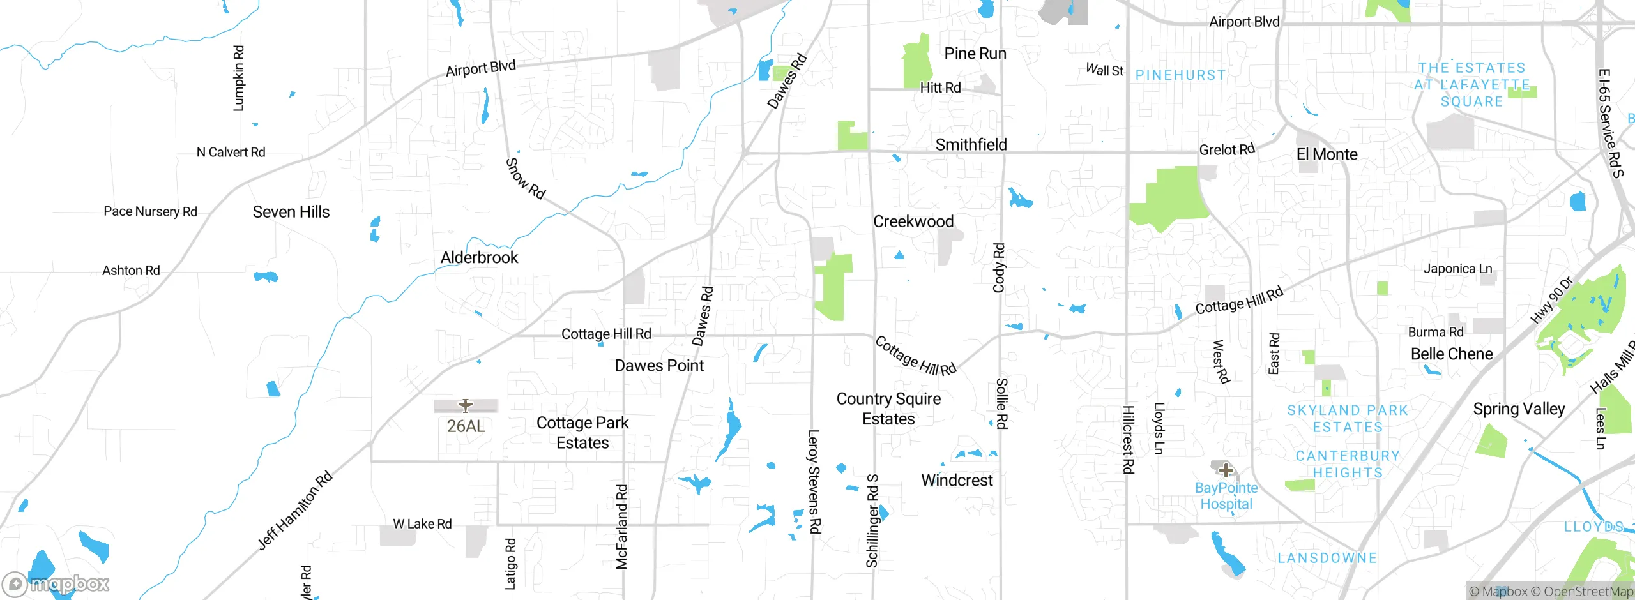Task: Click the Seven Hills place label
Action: (x=291, y=212)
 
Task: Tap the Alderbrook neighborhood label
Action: (x=479, y=257)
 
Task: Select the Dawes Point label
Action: (x=659, y=366)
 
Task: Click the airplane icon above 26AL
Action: (x=466, y=405)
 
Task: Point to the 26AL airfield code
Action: (x=466, y=426)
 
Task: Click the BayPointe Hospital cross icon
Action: (x=1226, y=471)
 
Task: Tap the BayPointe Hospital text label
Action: (x=1226, y=496)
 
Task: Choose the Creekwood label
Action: (x=913, y=221)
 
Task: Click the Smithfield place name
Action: (x=971, y=145)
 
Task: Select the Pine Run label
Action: (x=975, y=54)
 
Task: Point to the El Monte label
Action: (x=1327, y=154)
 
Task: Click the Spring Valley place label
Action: (x=1519, y=409)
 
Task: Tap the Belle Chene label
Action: (x=1452, y=354)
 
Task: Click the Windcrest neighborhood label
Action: (x=957, y=480)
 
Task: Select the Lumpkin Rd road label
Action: (x=239, y=78)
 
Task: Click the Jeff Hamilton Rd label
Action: (x=295, y=510)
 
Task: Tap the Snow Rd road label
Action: (x=525, y=179)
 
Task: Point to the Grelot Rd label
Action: (x=1227, y=150)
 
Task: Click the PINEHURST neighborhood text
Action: (x=1180, y=75)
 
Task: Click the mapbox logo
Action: (x=56, y=583)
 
